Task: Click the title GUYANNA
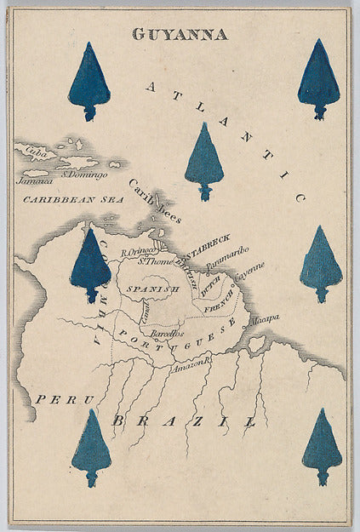click(180, 35)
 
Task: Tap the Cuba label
click(36, 154)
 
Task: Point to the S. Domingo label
click(84, 175)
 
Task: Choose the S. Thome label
click(156, 262)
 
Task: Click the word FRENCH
click(219, 303)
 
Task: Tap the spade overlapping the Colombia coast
click(90, 265)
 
